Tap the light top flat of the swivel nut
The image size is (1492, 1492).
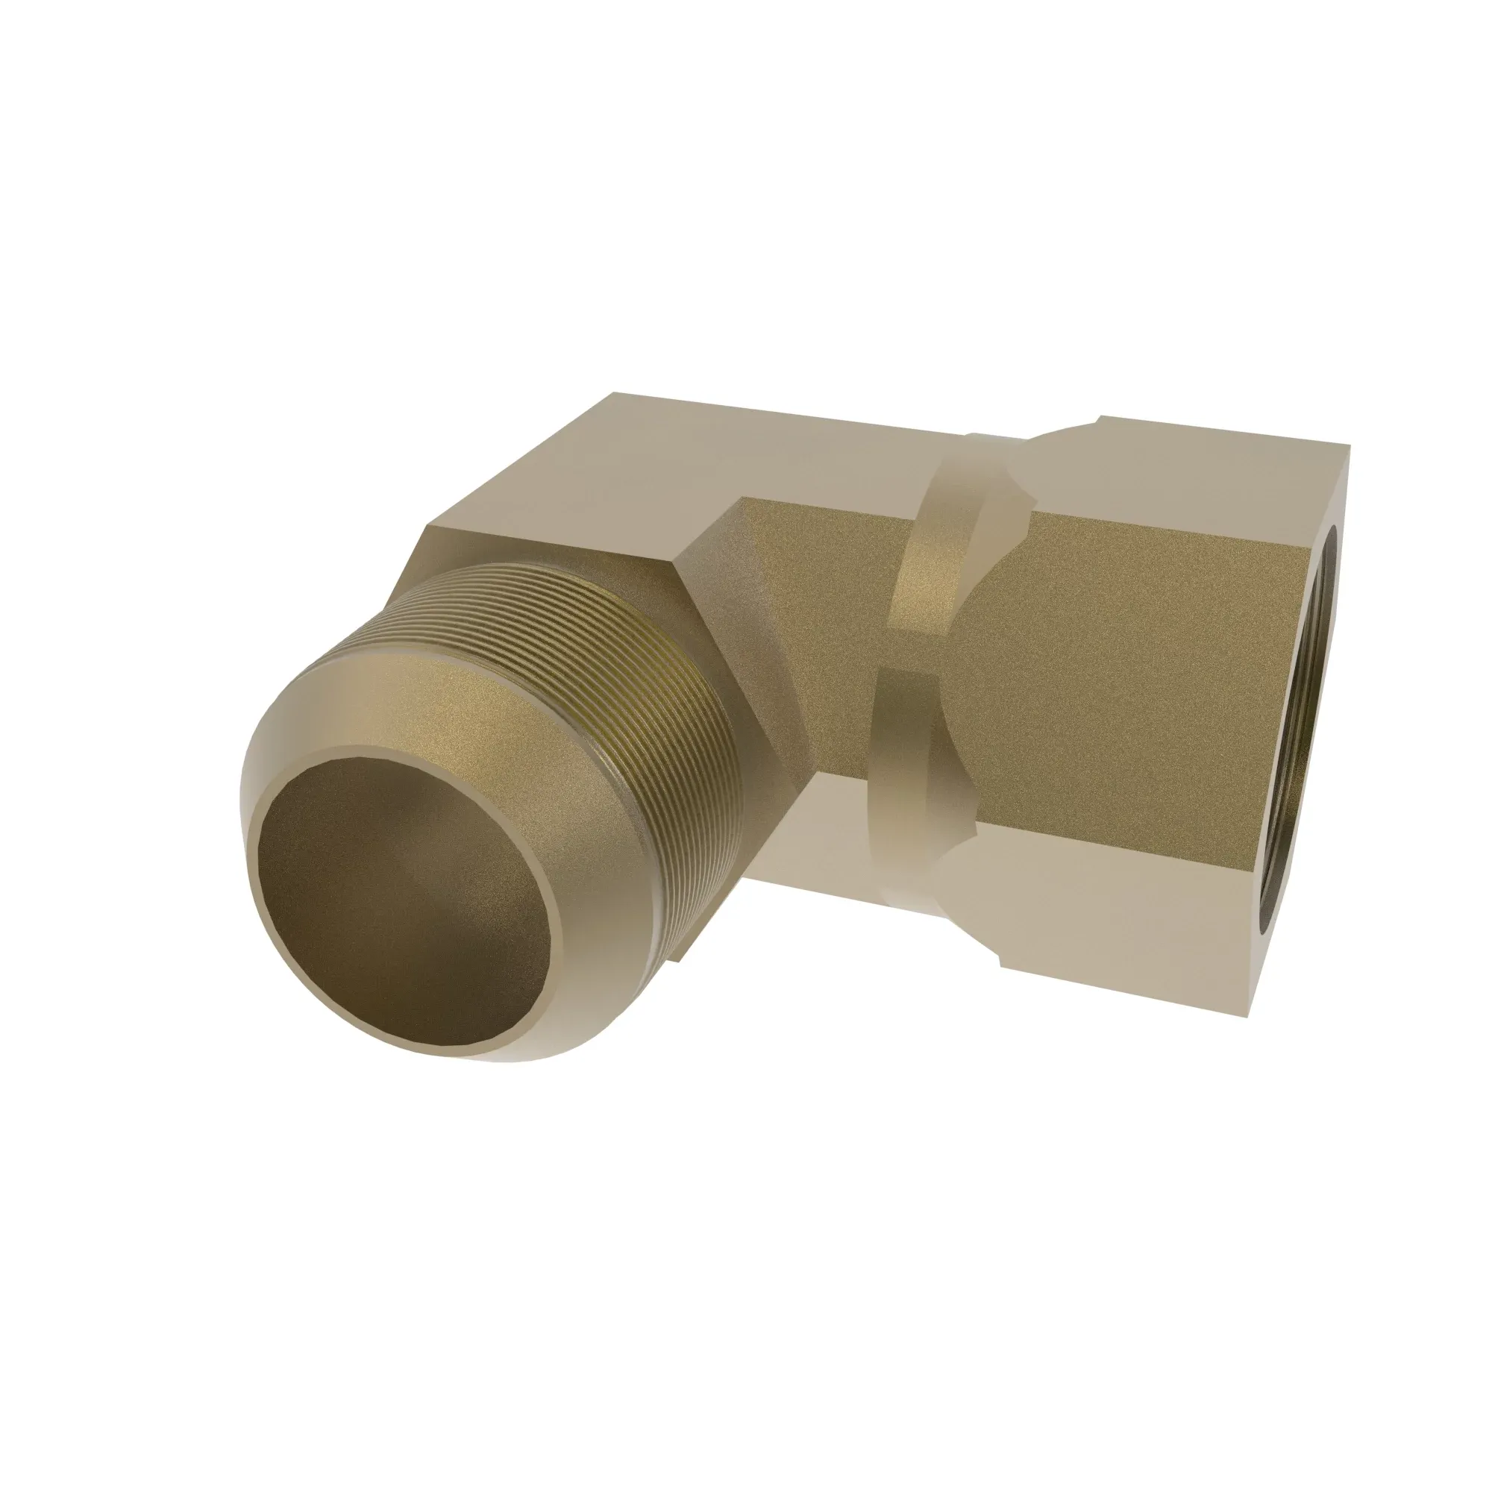tap(1159, 463)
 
